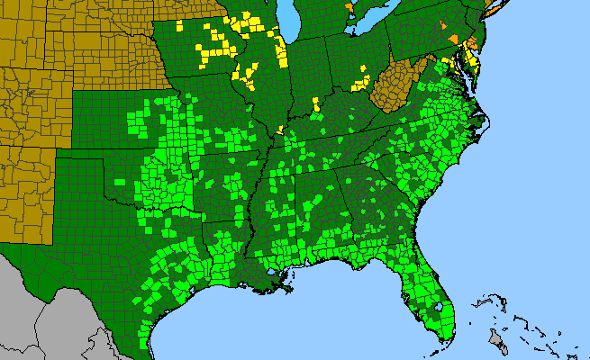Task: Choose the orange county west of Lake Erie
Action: tap(349, 7)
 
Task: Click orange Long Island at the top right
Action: tap(492, 7)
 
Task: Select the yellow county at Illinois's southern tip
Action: tap(280, 130)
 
